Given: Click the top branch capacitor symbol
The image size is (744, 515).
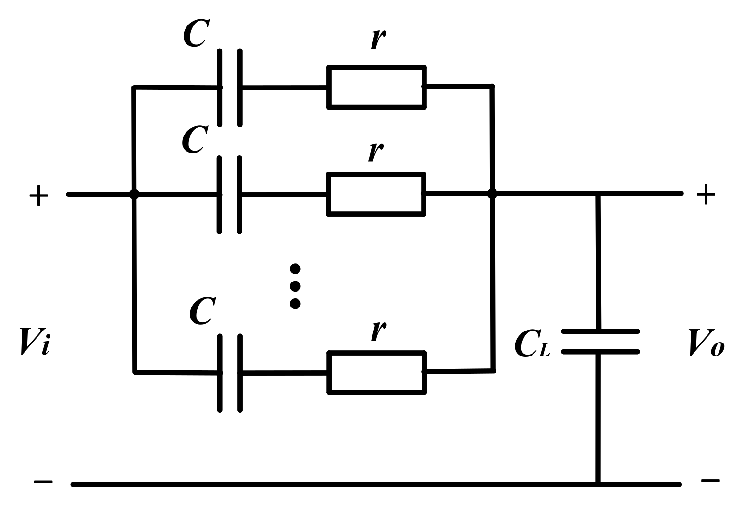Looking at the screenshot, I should (230, 87).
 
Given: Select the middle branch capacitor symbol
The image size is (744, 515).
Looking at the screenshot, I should (229, 195).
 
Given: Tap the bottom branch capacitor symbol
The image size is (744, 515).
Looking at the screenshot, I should (230, 373).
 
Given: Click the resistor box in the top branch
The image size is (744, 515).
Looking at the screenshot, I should (376, 87).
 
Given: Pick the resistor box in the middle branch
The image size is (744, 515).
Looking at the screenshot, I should (376, 194).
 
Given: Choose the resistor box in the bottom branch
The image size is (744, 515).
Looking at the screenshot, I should (376, 373).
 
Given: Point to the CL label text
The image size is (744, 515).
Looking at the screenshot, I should (532, 343).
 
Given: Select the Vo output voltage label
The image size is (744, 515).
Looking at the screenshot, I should (707, 342).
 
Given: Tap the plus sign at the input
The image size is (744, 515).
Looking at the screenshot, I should (38, 196).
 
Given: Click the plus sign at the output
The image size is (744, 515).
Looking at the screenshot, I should (706, 194).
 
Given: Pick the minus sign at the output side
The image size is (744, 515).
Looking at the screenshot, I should (710, 480).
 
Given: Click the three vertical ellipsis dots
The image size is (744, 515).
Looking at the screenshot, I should (295, 286).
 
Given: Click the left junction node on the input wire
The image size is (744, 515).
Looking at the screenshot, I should (135, 195).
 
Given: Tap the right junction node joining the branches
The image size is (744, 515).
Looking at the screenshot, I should (492, 194).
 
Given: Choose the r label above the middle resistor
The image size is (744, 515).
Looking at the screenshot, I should (376, 151).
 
